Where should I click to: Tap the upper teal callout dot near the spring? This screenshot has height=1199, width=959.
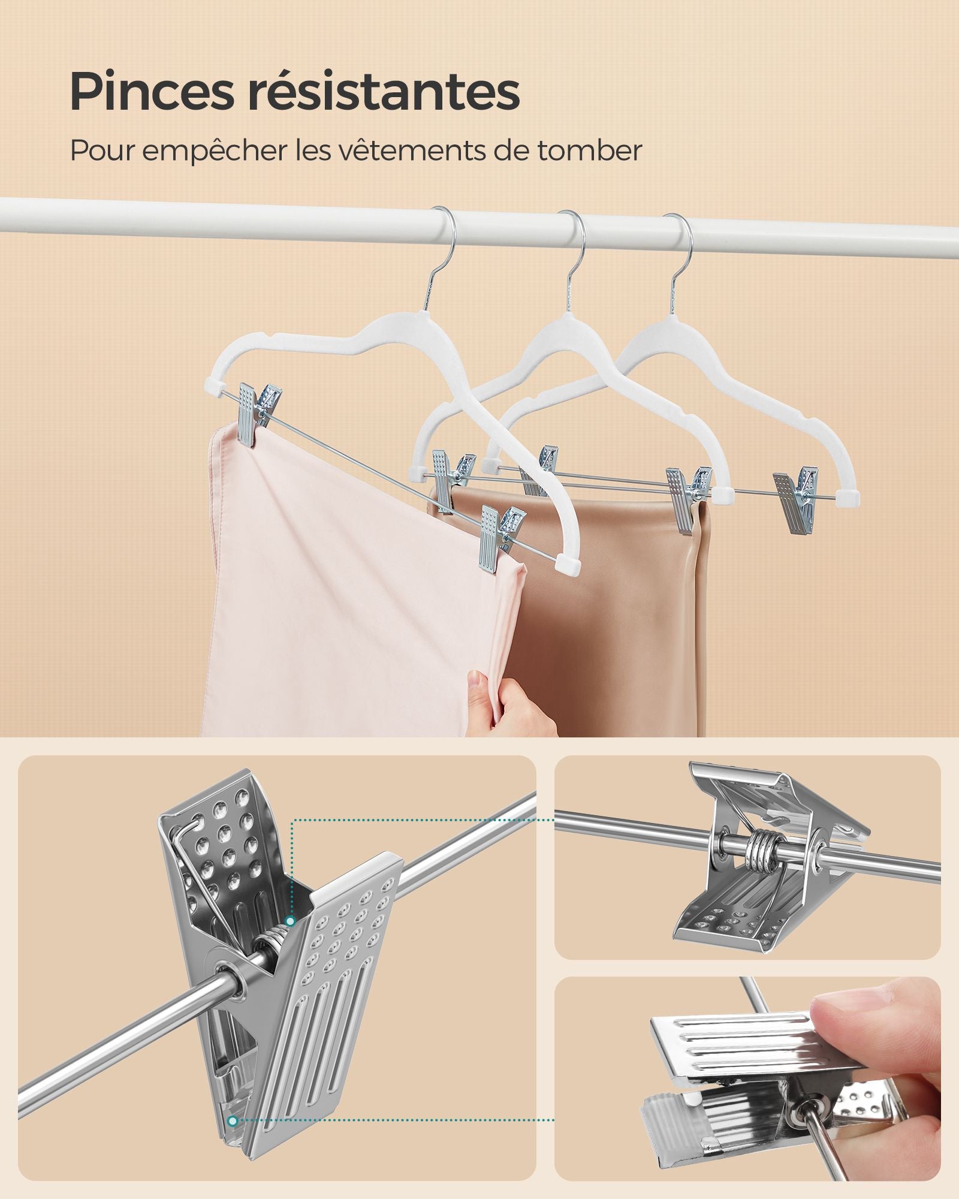pyautogui.click(x=290, y=937)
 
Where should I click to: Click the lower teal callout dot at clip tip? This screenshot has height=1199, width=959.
pyautogui.click(x=233, y=1120)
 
